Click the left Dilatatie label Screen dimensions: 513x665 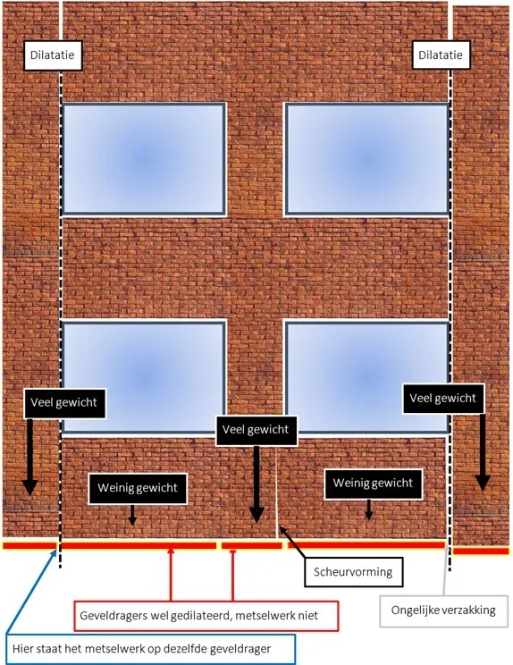pos(52,55)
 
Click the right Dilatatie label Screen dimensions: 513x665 pos(441,55)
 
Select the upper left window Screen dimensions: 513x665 pos(144,158)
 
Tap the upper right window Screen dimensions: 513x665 pos(367,158)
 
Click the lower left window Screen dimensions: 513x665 pos(144,377)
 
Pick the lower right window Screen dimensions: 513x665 pos(367,377)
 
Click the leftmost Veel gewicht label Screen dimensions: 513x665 pos(64,403)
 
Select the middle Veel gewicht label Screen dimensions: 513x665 pos(256,430)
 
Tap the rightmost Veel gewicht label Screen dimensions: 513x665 pos(443,399)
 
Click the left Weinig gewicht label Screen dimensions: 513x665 pos(138,488)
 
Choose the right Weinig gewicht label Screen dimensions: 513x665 pos(373,484)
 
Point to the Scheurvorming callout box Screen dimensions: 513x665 pos(354,572)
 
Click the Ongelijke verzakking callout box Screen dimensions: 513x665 pos(443,611)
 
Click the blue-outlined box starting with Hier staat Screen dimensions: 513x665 pos(150,649)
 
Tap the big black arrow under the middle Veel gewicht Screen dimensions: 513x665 pos(256,484)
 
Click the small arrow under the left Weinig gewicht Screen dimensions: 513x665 pos(132,515)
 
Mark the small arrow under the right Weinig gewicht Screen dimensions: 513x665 pos(369,509)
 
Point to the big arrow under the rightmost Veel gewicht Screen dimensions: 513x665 pos(483,452)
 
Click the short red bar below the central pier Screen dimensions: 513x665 pos(252,545)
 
